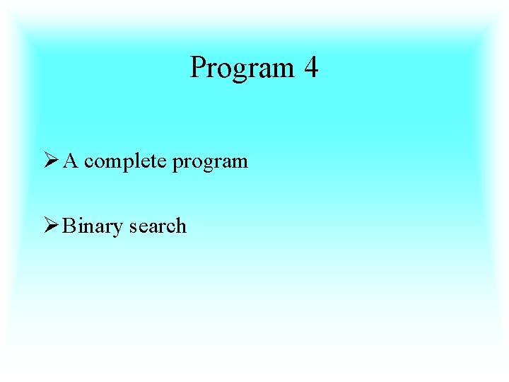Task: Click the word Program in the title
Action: click(x=242, y=69)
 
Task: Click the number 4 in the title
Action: click(x=311, y=68)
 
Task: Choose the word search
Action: click(x=158, y=226)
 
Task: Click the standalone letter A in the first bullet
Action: click(x=70, y=161)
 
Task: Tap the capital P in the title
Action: click(x=198, y=68)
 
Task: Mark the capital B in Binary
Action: click(x=68, y=226)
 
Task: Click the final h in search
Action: click(x=181, y=226)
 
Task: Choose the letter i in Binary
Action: click(x=78, y=226)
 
